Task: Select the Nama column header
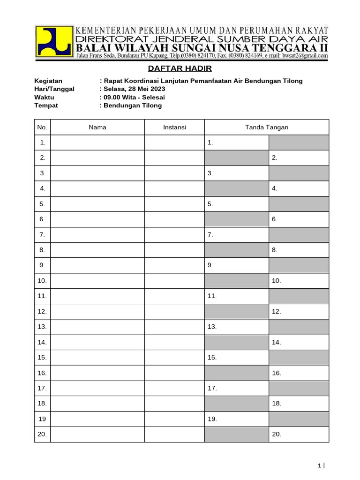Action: [97, 127]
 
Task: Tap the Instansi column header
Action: [174, 127]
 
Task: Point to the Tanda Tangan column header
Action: [267, 127]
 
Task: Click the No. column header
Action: [43, 127]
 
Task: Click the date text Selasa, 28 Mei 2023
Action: [133, 89]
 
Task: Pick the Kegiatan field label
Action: [48, 81]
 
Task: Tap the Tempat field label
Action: [46, 105]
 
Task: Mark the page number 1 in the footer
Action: [319, 466]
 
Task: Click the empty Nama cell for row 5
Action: [97, 204]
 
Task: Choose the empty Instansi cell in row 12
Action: [174, 311]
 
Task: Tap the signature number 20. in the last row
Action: [276, 435]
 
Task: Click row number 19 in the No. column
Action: [43, 419]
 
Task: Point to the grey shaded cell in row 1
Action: [299, 142]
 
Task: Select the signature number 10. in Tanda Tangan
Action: [276, 281]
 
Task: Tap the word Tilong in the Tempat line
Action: [152, 105]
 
